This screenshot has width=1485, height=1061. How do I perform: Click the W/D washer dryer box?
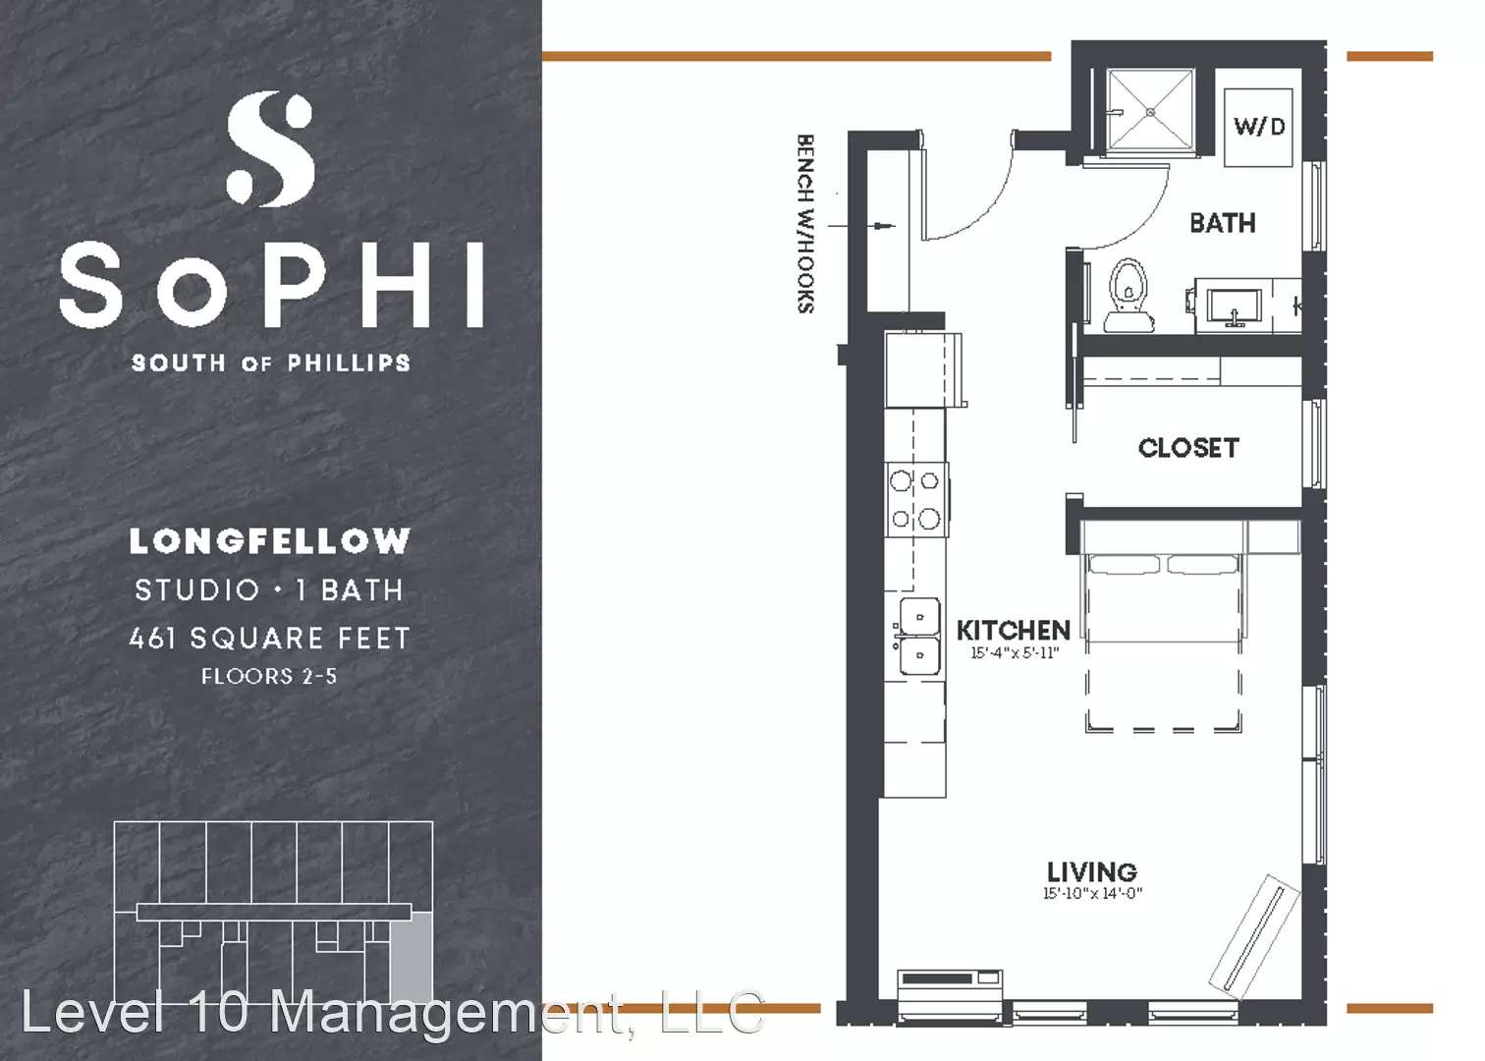click(1258, 128)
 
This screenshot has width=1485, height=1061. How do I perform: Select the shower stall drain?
click(1151, 113)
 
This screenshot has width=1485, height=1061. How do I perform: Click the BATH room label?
click(1223, 223)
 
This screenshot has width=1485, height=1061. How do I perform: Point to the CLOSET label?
click(1188, 448)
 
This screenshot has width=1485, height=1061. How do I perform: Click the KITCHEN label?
click(1014, 630)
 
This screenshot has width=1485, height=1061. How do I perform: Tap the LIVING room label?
click(1092, 871)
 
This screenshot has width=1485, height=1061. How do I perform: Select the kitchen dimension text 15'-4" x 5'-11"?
click(1015, 653)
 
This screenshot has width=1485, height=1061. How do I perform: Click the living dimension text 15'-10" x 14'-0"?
click(1092, 893)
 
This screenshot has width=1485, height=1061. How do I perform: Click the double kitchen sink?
click(917, 636)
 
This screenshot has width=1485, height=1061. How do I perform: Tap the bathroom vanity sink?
click(1235, 308)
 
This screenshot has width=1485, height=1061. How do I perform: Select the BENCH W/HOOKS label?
click(806, 223)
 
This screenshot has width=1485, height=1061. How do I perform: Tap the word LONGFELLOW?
click(270, 541)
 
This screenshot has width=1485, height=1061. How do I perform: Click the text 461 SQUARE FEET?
click(270, 638)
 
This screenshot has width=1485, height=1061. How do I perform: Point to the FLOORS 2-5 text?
click(269, 676)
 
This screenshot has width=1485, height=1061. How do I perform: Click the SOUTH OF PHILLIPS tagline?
click(270, 363)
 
